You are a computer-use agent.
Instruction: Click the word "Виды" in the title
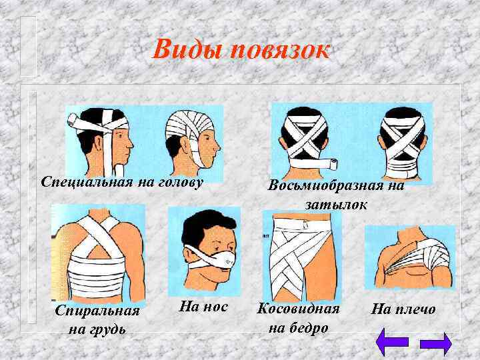point(187,49)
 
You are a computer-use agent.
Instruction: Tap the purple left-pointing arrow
point(392,342)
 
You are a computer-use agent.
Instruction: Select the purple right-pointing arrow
point(436,343)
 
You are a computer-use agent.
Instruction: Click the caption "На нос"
point(203,307)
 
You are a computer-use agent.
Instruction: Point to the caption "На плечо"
point(403,309)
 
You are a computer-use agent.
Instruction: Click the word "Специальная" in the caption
point(87,182)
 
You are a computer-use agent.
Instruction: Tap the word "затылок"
point(336,205)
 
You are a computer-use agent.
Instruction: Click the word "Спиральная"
point(97,311)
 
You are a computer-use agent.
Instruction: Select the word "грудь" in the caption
point(107,330)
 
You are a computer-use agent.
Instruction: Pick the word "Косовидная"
point(298,309)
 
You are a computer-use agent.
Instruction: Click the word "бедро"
point(308,327)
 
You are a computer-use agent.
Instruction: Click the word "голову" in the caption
point(181,183)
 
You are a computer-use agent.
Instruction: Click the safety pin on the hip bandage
point(305,224)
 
